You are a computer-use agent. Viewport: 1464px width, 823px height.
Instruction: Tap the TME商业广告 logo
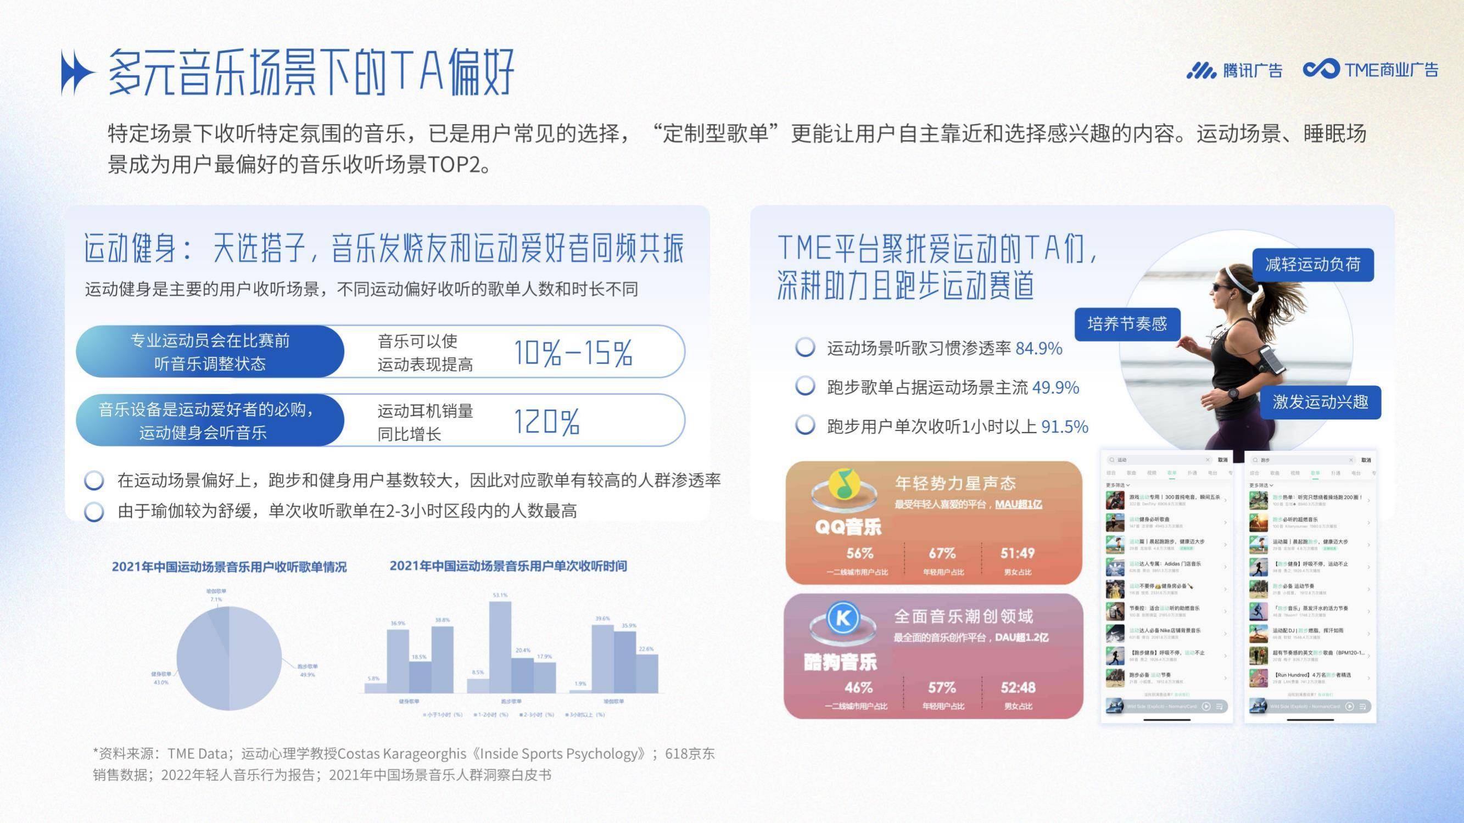point(1370,69)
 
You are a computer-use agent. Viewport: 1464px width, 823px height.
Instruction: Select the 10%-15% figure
point(573,352)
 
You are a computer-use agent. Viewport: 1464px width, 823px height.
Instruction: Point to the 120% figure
point(547,421)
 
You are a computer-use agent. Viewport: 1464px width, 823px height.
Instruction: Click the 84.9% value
point(1038,348)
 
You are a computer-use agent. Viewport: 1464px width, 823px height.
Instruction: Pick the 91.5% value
point(1064,426)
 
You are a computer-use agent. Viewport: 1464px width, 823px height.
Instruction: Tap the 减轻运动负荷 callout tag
point(1313,264)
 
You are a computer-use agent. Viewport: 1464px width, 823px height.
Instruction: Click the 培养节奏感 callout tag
point(1127,324)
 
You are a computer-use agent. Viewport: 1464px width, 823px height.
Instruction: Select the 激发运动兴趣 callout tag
point(1320,402)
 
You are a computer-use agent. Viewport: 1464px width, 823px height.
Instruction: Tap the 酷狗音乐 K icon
point(843,618)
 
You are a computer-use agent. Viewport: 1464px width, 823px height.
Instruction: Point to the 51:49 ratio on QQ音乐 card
point(1018,553)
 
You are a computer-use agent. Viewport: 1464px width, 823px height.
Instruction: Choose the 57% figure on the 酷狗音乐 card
point(942,688)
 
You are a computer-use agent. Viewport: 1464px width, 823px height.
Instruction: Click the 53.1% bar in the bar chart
point(500,646)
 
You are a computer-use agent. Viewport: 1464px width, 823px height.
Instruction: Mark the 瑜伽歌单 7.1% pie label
point(216,595)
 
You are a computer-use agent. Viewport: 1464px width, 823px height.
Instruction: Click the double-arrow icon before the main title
point(77,72)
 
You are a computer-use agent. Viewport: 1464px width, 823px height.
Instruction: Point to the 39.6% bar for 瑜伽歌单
point(602,658)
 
